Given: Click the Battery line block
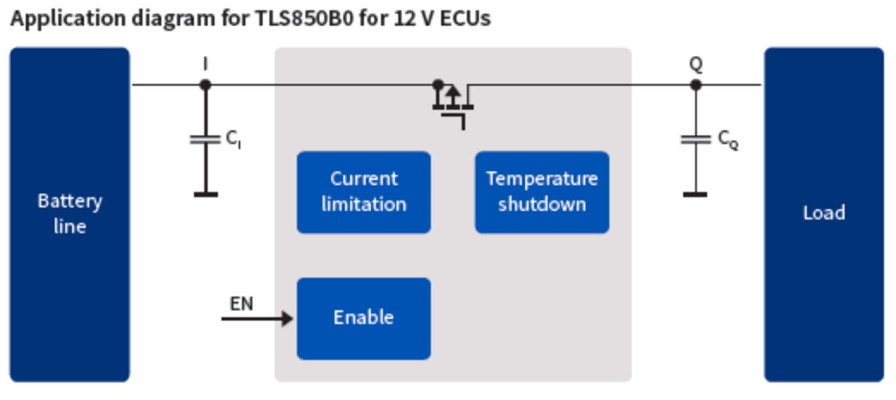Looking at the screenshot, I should pos(69,214).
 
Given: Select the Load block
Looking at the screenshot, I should pos(823,214).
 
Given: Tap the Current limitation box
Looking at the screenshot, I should pos(363,192).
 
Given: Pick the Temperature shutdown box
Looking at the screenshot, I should pos(542,192).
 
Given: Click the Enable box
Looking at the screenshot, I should pos(363,318).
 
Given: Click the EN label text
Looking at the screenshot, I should pos(241,303).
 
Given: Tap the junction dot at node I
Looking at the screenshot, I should pos(205,85).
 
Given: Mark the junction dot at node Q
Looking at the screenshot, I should pos(695,85).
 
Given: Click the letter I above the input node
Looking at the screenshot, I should pos(205,64).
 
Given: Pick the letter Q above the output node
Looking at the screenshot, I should pos(695,64).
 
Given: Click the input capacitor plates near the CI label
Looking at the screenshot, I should pos(205,139).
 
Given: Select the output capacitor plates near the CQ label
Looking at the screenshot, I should pos(695,139).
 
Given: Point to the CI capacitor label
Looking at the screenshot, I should pos(234,139).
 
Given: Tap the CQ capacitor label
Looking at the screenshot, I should pos(727,139).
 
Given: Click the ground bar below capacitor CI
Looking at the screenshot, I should pos(205,194).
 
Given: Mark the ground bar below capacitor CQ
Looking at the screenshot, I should pos(695,194).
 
